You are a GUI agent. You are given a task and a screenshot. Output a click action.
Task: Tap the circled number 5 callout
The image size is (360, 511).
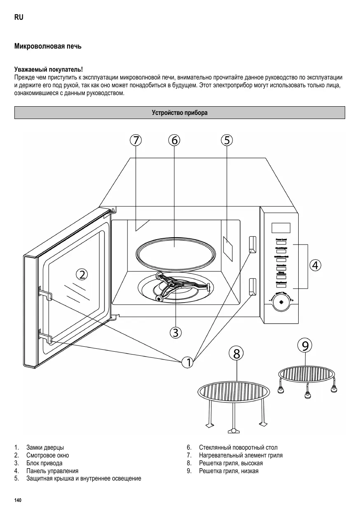[226, 140]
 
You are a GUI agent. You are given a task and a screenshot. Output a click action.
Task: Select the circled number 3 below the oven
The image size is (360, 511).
[176, 332]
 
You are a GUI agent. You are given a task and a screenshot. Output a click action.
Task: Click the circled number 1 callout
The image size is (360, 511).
[188, 363]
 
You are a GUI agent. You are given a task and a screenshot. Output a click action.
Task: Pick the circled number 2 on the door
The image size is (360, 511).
[82, 274]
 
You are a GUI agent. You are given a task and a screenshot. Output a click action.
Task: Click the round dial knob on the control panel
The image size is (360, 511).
[281, 302]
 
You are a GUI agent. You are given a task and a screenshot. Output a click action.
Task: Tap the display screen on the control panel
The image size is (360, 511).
[281, 228]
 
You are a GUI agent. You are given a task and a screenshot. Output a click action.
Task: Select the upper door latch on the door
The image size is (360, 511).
[45, 292]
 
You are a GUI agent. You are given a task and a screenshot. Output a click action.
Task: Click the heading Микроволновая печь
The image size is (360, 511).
[48, 47]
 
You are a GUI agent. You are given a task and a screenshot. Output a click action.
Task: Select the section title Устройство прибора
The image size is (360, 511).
[180, 113]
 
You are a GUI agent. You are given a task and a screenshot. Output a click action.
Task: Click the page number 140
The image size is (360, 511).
[18, 500]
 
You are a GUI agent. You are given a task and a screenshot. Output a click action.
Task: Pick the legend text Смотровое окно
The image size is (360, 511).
[48, 455]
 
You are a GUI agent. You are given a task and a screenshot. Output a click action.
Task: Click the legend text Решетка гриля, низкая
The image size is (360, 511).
[229, 471]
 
